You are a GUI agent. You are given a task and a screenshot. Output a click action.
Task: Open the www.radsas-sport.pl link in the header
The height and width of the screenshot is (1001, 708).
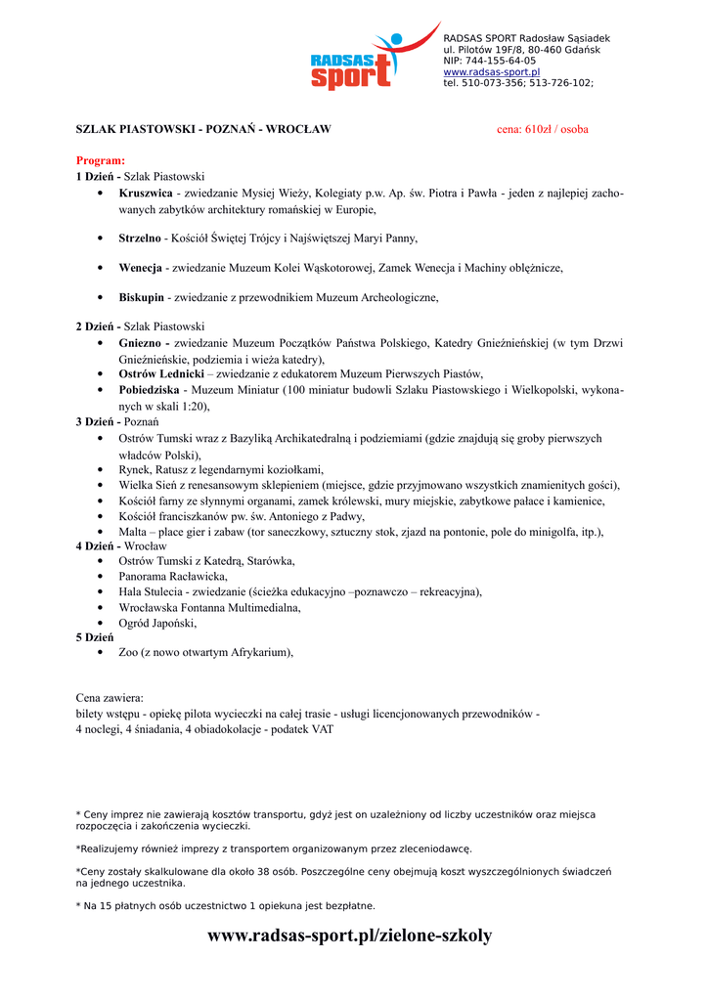(x=491, y=72)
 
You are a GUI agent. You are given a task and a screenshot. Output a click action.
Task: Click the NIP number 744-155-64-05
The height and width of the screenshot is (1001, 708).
(x=500, y=61)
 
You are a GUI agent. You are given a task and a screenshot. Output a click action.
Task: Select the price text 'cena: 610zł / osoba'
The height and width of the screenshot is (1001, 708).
(x=543, y=129)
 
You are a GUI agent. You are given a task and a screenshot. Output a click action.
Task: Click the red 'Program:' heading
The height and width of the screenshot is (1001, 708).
(x=101, y=160)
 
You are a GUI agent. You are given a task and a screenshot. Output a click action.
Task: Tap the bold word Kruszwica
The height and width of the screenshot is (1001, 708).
(x=146, y=194)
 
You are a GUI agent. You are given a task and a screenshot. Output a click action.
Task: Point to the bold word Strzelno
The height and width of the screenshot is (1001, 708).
(x=140, y=238)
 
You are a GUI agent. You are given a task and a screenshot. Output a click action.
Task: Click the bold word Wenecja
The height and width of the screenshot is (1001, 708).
(x=140, y=267)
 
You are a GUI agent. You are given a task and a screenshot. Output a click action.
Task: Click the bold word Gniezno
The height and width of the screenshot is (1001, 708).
(x=142, y=343)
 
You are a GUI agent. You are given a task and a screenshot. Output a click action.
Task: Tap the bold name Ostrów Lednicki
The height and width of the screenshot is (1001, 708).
(x=161, y=373)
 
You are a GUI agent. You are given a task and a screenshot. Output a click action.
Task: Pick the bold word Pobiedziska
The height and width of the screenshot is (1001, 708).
(x=149, y=389)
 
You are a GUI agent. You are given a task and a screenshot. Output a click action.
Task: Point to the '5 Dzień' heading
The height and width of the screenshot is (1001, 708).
(x=95, y=636)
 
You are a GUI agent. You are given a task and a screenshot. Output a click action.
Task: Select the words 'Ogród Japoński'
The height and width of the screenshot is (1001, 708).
(x=157, y=622)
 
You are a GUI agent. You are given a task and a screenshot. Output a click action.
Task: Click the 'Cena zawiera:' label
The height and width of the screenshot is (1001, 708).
(x=110, y=698)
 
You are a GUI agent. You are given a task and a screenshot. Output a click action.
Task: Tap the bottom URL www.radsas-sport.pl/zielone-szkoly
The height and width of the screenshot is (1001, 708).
(x=350, y=936)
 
